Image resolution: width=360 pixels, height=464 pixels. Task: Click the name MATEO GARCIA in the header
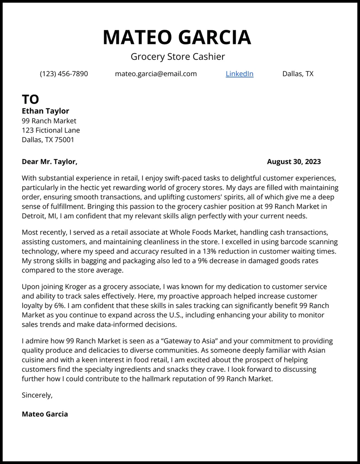(x=177, y=37)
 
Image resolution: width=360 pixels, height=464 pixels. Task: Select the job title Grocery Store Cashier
(x=178, y=57)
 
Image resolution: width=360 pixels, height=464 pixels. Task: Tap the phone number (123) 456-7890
(x=64, y=74)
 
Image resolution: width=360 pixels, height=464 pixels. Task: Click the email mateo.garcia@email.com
(x=156, y=74)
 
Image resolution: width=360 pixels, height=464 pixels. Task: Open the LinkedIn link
(x=239, y=74)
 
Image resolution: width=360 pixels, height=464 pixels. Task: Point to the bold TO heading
(x=31, y=99)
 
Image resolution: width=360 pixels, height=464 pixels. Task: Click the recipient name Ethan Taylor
(x=45, y=111)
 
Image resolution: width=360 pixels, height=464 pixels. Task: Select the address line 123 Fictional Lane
(x=51, y=130)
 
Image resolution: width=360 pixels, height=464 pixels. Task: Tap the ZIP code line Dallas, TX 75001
(x=48, y=140)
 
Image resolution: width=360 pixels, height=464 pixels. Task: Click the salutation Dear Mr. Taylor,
(x=50, y=162)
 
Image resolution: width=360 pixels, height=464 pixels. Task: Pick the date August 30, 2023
(x=293, y=162)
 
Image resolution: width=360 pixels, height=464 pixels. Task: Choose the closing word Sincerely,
(x=37, y=395)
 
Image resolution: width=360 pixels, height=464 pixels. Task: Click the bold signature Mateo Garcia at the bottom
(x=45, y=414)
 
